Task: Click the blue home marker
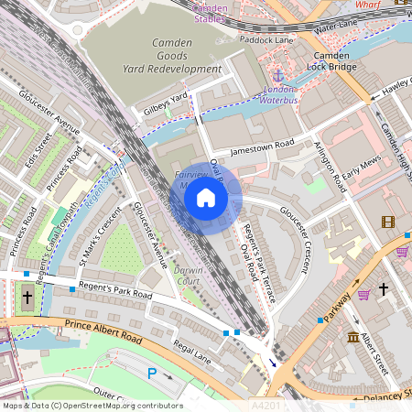[206, 198]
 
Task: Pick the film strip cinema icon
[388, 222]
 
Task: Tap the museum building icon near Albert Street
[353, 339]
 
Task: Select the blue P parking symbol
[152, 373]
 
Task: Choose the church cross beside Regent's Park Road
[27, 297]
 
